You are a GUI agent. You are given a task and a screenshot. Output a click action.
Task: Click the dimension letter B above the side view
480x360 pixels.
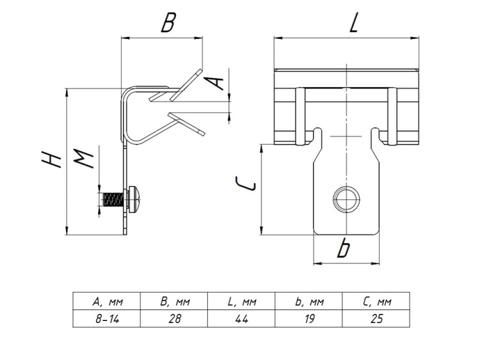pyautogui.click(x=168, y=24)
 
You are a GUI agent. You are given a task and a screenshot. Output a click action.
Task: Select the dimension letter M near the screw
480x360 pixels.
pyautogui.click(x=85, y=157)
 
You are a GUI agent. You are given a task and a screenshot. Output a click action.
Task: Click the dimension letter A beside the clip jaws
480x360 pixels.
pyautogui.click(x=217, y=82)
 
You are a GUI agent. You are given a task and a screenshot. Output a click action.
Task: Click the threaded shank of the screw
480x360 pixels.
pyautogui.click(x=111, y=200)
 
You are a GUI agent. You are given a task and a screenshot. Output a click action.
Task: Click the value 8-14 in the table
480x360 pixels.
pyautogui.click(x=106, y=318)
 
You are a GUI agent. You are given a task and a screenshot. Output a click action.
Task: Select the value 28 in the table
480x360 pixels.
pyautogui.click(x=173, y=318)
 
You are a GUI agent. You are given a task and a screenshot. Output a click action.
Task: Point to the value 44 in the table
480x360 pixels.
pyautogui.click(x=241, y=318)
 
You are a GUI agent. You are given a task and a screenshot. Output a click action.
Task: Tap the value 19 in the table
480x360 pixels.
pyautogui.click(x=309, y=318)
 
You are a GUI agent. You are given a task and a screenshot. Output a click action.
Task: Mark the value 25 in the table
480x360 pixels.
pyautogui.click(x=376, y=318)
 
